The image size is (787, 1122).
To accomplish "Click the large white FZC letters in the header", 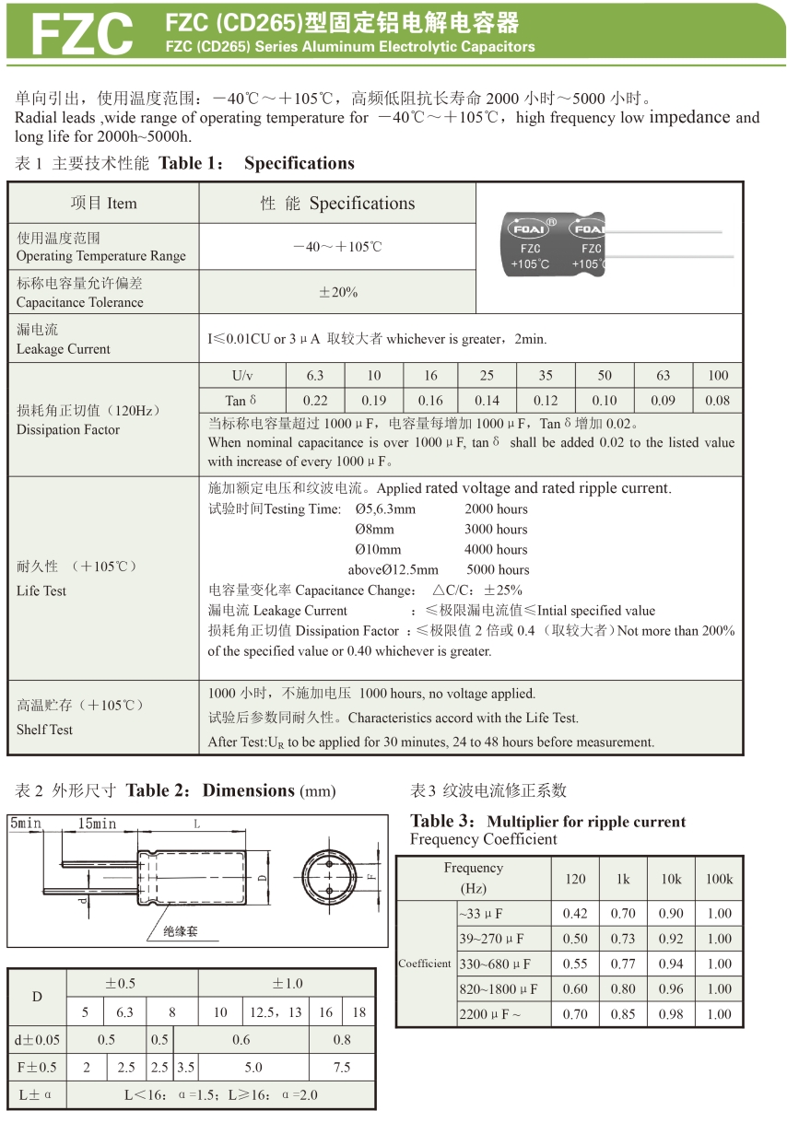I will click(82, 34).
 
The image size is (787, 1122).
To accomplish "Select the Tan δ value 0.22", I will click(315, 401).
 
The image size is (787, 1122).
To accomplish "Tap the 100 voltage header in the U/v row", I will click(718, 375).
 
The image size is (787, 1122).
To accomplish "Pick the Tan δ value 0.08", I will click(718, 401).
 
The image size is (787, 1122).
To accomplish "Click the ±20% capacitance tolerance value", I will click(337, 292).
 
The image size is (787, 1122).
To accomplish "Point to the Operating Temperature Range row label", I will click(100, 247).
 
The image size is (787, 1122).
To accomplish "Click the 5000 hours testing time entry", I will click(498, 569).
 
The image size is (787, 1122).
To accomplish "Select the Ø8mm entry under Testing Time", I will click(374, 529).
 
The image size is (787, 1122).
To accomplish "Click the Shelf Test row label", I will click(44, 729).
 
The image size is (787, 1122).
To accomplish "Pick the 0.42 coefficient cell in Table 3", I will click(575, 914).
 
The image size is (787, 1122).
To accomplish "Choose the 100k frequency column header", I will click(719, 879).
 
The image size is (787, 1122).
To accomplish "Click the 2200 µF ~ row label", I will click(490, 1014).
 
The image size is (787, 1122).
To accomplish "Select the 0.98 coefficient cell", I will click(671, 1014).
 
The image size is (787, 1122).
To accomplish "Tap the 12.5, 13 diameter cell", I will click(276, 1011).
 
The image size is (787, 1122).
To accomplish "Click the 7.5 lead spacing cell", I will click(342, 1067).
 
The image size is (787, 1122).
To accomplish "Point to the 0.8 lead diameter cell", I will click(342, 1039).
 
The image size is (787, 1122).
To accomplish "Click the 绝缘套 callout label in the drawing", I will click(181, 931).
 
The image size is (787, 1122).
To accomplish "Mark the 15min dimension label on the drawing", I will click(97, 824).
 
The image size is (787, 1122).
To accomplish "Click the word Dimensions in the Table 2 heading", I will click(248, 790).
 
